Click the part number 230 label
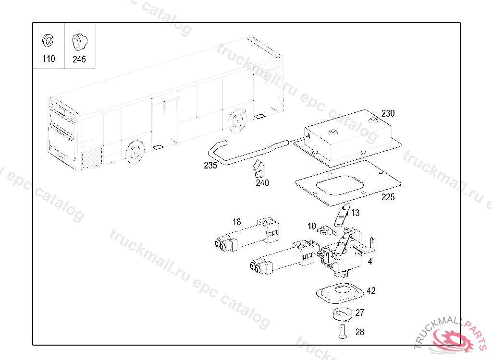(388, 114)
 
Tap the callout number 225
(388, 197)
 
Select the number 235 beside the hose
(210, 166)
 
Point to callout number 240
(262, 183)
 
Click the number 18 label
(236, 222)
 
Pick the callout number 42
(371, 291)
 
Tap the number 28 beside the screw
(360, 332)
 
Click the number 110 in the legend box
(49, 59)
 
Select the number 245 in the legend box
(79, 60)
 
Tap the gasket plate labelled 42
(339, 293)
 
